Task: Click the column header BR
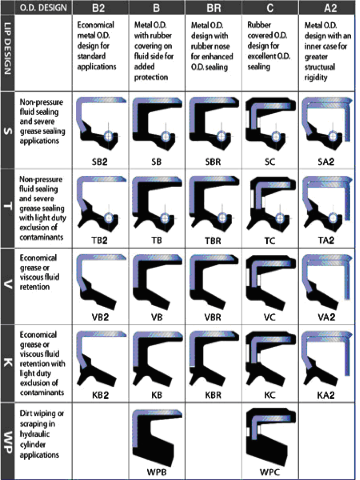[213, 7]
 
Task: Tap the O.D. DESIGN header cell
[43, 7]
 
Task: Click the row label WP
[7, 442]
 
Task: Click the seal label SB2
[99, 162]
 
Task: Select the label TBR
[213, 241]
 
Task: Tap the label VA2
[326, 317]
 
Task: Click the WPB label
[156, 472]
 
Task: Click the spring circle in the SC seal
[276, 137]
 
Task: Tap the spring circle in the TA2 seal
[333, 218]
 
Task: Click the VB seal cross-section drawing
[157, 282]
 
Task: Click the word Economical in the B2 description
[95, 25]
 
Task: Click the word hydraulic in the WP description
[34, 434]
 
